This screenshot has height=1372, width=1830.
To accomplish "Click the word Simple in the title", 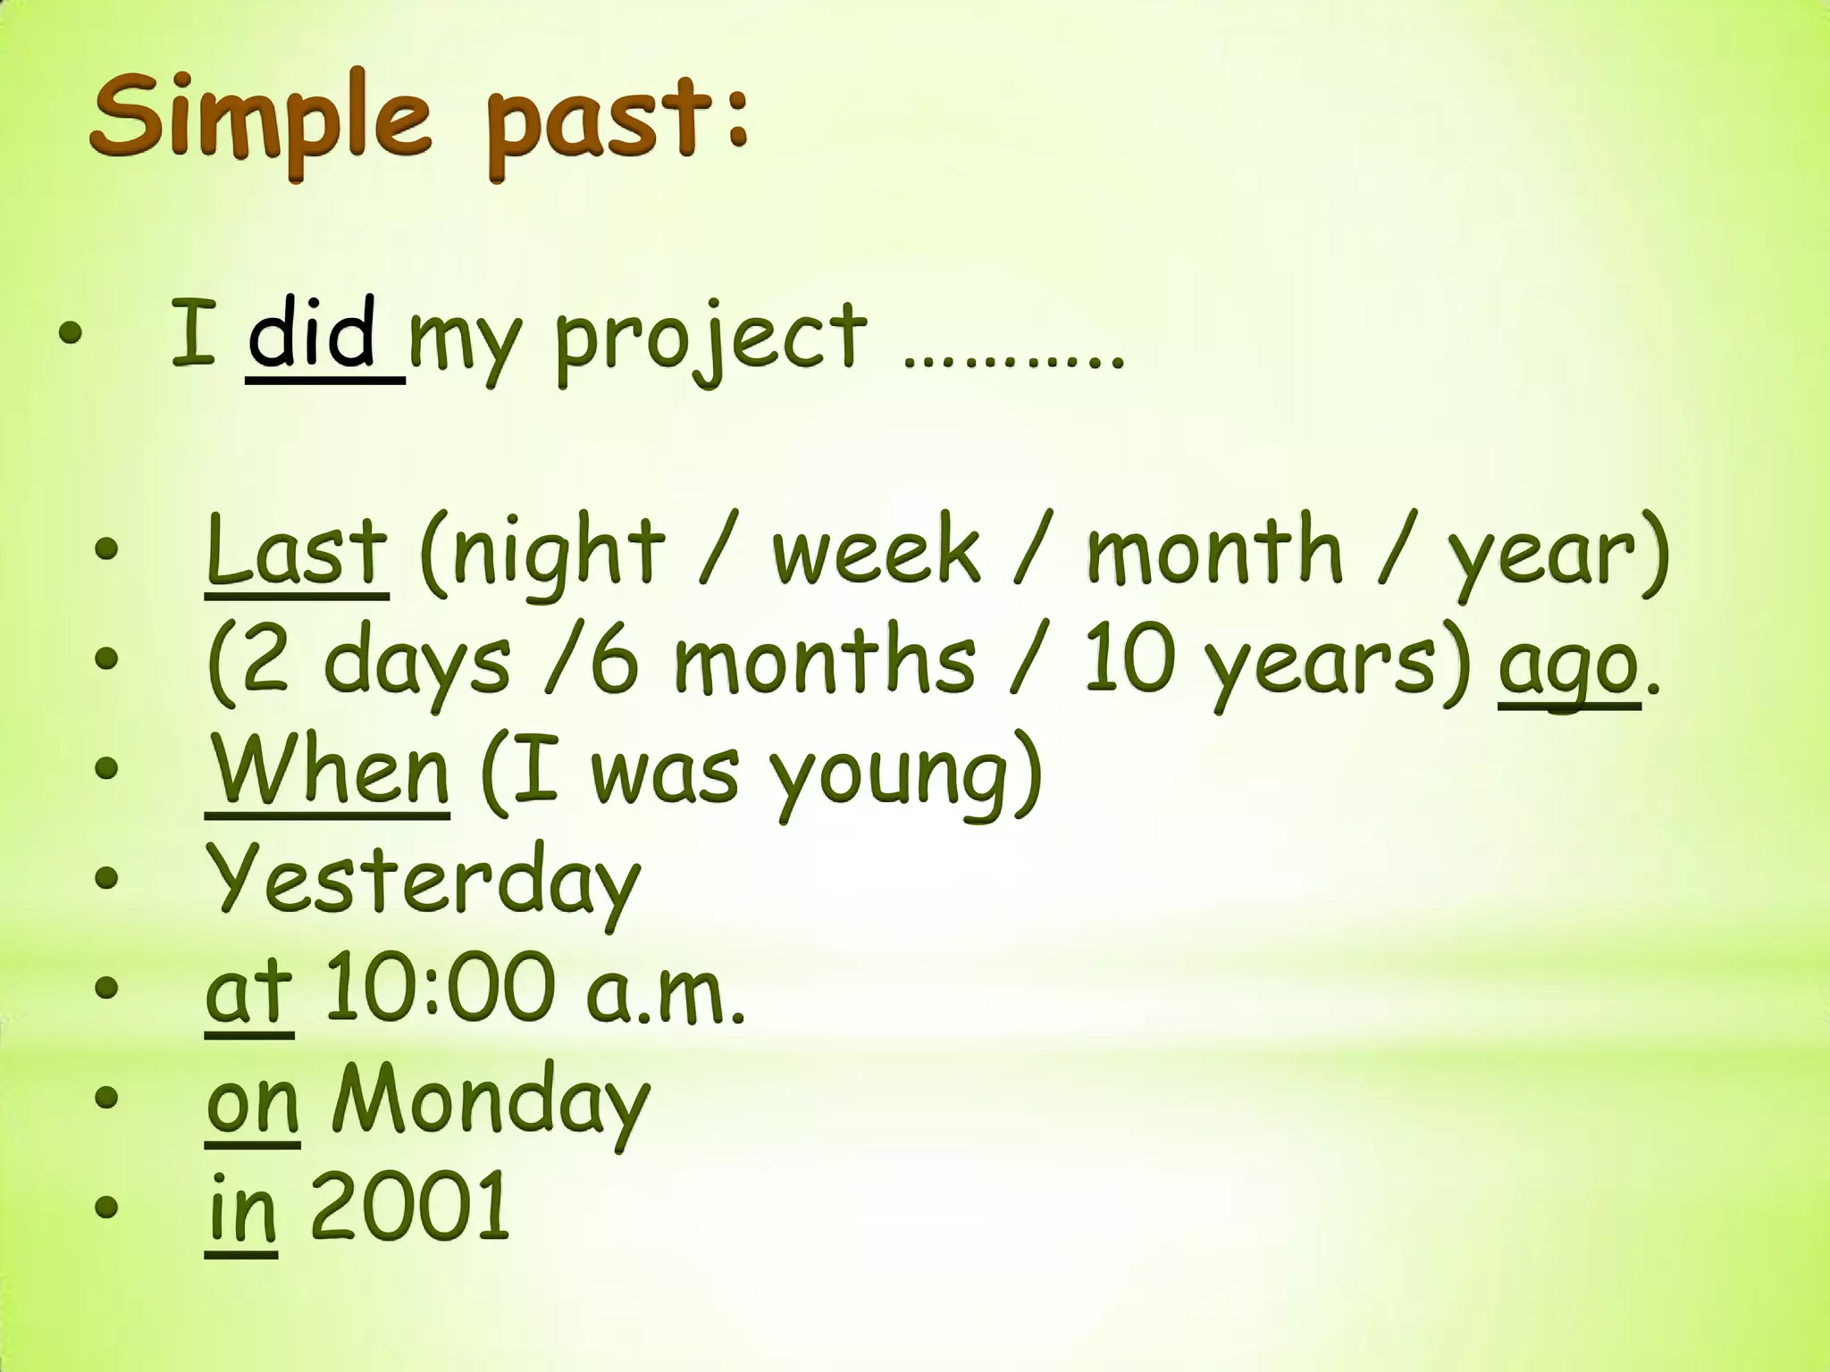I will click(x=260, y=121).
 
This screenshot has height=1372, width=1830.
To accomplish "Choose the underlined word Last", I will click(x=297, y=549).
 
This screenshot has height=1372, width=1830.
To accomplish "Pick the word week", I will click(x=876, y=549).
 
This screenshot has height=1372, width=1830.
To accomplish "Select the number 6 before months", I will click(x=614, y=661).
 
